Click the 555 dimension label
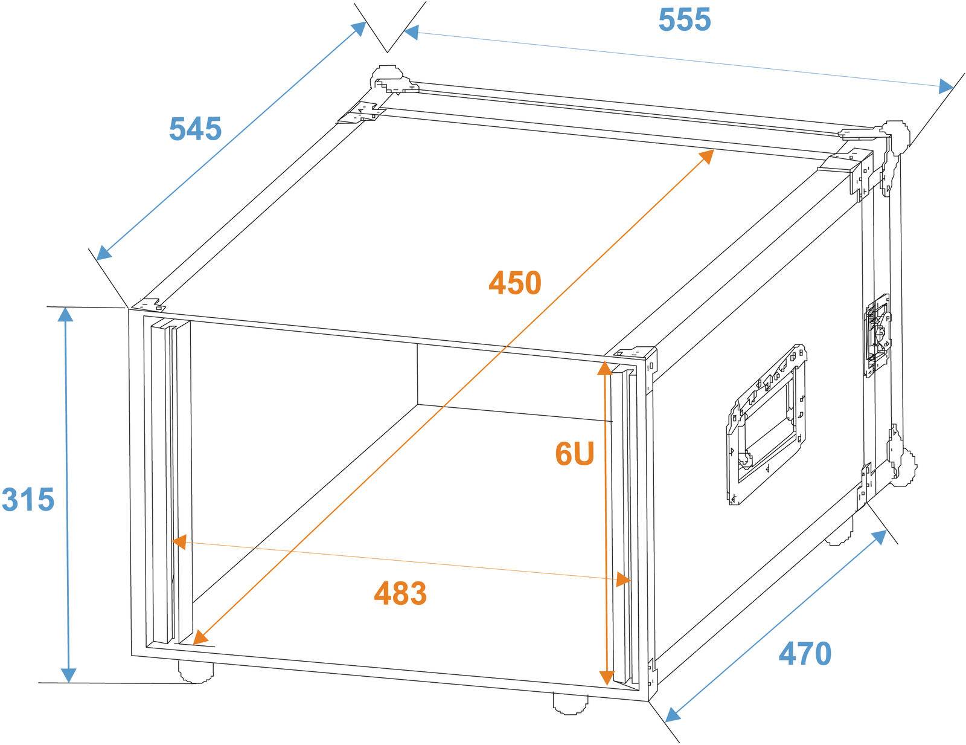coord(685,20)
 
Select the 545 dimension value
coord(195,129)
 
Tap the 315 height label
coord(28,500)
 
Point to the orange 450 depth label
coord(515,283)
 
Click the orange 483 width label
coord(400,593)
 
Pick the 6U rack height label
coord(575,454)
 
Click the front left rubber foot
coord(195,671)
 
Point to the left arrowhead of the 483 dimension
coord(177,541)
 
